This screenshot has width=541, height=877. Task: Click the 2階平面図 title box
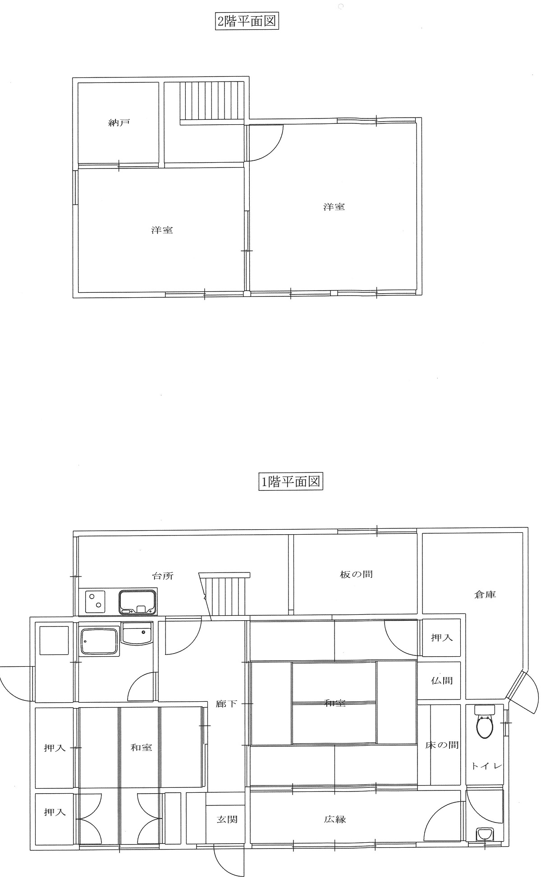246,22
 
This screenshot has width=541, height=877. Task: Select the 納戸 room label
119,123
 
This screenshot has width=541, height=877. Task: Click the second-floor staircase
211,101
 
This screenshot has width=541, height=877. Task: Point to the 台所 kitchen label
162,576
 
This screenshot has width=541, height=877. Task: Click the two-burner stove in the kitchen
95,602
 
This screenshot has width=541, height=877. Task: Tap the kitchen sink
138,602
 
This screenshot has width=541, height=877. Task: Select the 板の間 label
356,574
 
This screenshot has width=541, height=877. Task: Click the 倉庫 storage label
485,595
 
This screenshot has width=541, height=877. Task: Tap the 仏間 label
442,681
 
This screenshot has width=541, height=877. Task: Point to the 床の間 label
442,745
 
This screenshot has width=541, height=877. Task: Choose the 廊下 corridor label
226,704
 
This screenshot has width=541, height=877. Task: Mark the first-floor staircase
225,595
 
